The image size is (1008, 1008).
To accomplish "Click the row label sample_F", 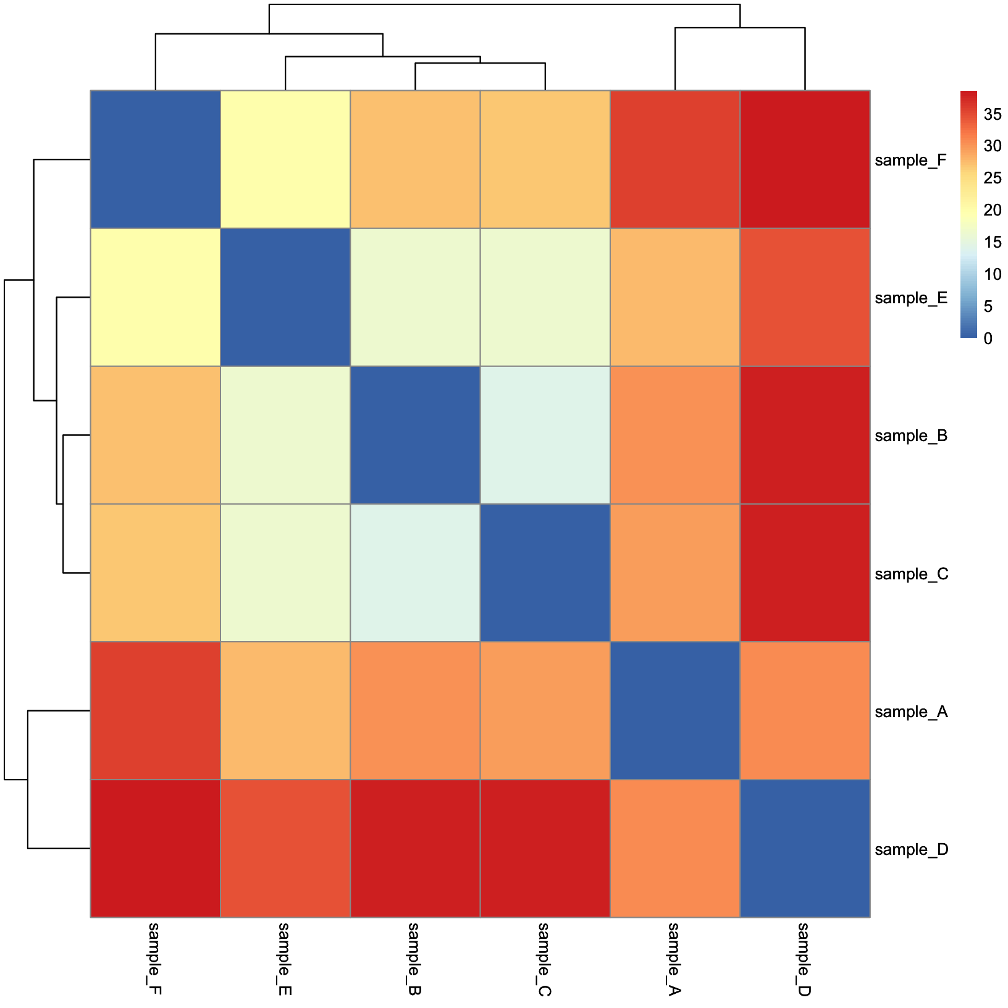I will click(x=910, y=161).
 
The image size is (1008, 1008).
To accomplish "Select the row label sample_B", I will click(x=911, y=436).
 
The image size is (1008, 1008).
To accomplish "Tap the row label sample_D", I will click(x=911, y=850).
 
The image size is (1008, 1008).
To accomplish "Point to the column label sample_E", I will click(x=285, y=959).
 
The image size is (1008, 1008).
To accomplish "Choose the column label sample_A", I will click(x=674, y=959).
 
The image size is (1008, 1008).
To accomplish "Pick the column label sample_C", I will click(x=545, y=959).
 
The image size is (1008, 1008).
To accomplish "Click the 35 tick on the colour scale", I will click(x=993, y=114).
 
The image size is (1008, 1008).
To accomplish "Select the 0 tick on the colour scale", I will click(x=988, y=338).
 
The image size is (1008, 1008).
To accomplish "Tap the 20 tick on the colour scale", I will click(x=993, y=210).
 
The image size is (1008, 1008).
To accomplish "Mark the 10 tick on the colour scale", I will click(x=993, y=274).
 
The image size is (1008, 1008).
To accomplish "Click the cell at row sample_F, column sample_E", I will click(x=285, y=159).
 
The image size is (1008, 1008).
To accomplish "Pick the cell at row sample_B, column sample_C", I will click(x=545, y=435).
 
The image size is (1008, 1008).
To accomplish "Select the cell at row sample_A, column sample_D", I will click(x=805, y=710).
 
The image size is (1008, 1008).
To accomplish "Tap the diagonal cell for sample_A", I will click(x=674, y=710).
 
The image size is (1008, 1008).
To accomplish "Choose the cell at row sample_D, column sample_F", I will click(x=156, y=848).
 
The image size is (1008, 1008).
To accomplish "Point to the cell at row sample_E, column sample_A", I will click(x=674, y=297).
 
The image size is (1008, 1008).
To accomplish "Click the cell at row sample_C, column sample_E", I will click(x=285, y=573).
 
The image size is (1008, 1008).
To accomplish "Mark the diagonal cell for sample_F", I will click(x=156, y=159).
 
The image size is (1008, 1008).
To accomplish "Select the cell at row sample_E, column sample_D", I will click(x=805, y=297).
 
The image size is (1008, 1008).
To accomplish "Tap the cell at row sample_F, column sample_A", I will click(x=674, y=159).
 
